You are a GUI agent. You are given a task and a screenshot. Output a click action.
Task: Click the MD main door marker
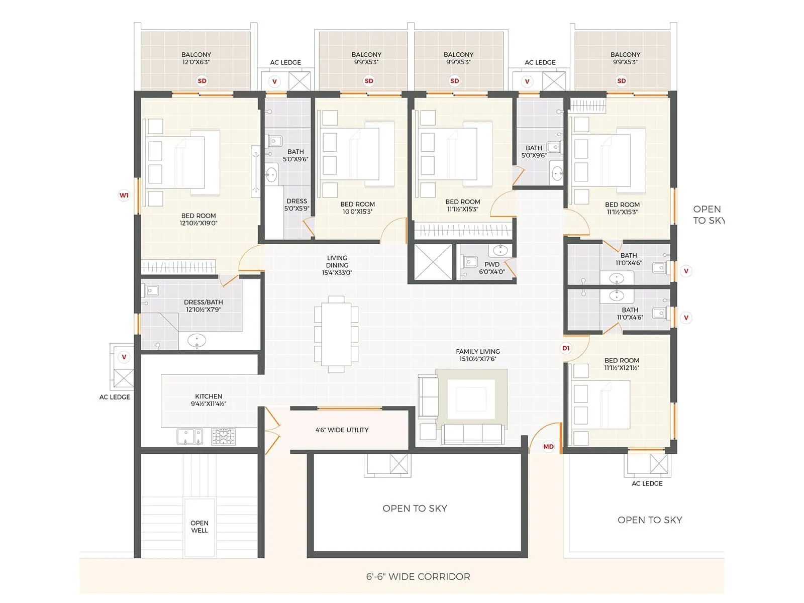[548, 446]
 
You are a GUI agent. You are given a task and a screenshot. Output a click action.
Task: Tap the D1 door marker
[566, 348]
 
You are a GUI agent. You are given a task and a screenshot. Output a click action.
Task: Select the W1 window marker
[124, 195]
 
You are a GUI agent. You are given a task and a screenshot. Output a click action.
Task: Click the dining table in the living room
[336, 334]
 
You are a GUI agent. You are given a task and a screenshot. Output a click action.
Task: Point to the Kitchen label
[208, 399]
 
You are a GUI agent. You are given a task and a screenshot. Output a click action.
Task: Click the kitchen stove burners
[223, 436]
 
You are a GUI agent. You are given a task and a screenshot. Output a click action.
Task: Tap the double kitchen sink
[190, 436]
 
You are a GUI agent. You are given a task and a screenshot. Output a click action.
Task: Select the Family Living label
[477, 355]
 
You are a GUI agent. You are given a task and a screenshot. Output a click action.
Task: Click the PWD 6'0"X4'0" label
[491, 268]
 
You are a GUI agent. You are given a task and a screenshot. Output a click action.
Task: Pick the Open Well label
[199, 526]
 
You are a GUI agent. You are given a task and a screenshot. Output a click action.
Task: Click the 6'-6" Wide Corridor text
[418, 576]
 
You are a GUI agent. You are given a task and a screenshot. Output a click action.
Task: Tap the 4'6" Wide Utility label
[342, 430]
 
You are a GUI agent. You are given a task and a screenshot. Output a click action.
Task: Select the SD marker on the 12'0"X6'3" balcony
[202, 80]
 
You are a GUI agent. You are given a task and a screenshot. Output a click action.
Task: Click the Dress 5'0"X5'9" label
[296, 205]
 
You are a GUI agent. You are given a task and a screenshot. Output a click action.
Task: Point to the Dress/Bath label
[203, 306]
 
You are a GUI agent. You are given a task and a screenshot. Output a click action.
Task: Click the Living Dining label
[337, 265]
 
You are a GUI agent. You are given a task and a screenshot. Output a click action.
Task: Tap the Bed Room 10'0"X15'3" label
[357, 208]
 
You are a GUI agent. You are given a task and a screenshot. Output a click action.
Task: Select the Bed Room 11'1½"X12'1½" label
[622, 364]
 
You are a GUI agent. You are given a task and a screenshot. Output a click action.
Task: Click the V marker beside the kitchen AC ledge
[124, 357]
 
